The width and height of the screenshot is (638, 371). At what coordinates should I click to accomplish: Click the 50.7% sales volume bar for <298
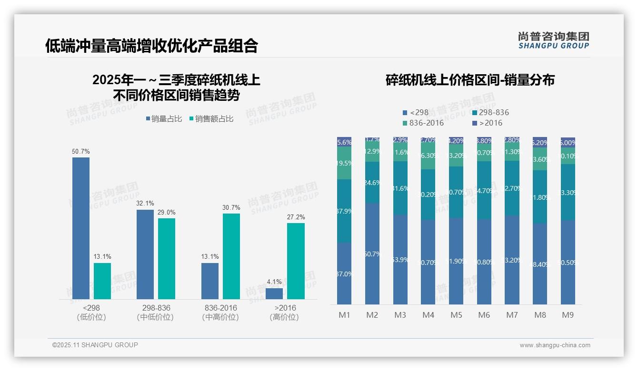[81, 228]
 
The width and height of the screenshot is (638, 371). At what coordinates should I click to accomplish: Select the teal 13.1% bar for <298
[102, 281]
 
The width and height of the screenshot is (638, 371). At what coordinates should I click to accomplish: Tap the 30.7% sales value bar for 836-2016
[231, 256]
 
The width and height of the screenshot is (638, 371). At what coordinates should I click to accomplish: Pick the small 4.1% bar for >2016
[274, 293]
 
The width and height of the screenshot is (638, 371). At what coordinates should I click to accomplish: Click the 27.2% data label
[296, 217]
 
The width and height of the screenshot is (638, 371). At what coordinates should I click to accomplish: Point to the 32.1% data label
[145, 203]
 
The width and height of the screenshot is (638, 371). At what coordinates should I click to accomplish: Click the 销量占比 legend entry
[164, 119]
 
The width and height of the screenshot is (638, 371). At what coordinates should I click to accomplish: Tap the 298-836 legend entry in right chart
[490, 113]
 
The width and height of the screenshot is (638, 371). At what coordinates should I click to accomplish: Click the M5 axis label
[456, 315]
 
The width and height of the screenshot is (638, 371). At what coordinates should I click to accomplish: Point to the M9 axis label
[568, 315]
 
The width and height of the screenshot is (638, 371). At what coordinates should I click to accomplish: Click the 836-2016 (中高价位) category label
[220, 312]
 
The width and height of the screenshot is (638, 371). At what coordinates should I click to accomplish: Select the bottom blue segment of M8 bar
[540, 264]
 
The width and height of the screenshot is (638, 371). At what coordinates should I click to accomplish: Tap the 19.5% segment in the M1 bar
[344, 163]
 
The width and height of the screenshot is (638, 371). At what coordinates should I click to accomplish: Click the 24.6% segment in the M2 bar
[372, 182]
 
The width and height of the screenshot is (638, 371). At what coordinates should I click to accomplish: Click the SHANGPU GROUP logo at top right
[553, 40]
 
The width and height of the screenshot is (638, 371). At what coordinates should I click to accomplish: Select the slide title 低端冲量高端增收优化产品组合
[152, 46]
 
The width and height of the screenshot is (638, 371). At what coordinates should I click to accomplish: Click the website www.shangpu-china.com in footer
[555, 345]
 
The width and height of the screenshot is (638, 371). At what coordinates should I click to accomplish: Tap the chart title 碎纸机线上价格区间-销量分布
[470, 80]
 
